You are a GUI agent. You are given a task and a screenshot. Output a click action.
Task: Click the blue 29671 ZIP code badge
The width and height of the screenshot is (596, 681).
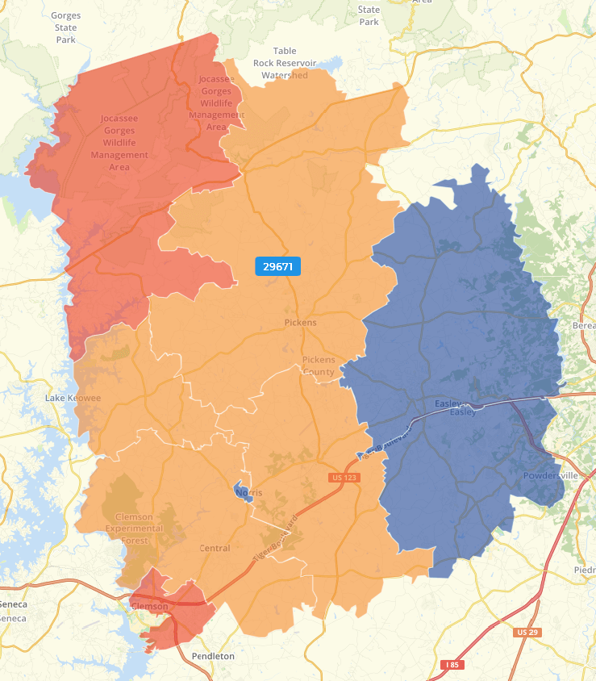[x=277, y=266]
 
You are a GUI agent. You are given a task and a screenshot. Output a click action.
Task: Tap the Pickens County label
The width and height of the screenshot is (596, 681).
[x=318, y=366]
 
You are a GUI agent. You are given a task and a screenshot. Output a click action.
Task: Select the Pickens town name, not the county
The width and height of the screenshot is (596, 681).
[x=301, y=323]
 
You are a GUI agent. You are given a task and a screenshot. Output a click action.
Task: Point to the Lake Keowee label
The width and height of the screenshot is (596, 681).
[x=73, y=399]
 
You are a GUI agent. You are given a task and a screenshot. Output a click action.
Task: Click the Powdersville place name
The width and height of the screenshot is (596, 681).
[x=551, y=476]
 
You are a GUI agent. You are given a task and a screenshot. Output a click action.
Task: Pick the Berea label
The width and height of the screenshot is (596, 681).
[x=583, y=324]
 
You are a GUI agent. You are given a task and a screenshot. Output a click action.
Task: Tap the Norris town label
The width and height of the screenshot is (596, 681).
[x=250, y=491]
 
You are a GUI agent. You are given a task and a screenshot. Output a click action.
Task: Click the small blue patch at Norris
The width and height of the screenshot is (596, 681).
[x=241, y=492]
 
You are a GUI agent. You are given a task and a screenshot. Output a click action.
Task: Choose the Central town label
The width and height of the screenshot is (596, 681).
[x=215, y=549]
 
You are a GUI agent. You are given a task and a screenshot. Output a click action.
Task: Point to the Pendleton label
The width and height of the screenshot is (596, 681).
[x=213, y=657]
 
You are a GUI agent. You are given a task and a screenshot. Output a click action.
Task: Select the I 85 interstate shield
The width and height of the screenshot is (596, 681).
[x=453, y=665]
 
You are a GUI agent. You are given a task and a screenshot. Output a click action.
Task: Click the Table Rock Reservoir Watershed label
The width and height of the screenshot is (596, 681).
[x=285, y=63]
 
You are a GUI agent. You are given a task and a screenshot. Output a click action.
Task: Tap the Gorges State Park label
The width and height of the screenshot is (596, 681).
[x=65, y=27]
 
